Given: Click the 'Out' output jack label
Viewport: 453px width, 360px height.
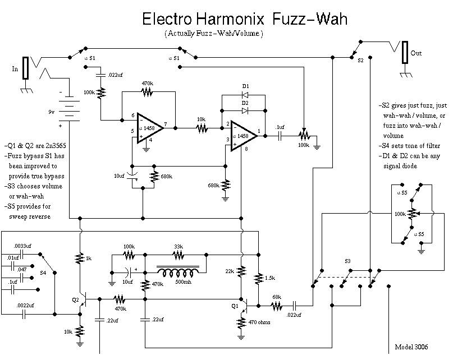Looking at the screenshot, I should coord(416,53).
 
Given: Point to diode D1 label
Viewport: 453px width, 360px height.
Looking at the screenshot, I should coord(245,86).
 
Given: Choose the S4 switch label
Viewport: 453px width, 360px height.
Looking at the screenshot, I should coord(43,273).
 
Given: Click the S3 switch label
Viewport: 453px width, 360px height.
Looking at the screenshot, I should coord(347,261).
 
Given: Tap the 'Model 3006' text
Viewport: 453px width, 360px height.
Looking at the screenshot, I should coord(411,346).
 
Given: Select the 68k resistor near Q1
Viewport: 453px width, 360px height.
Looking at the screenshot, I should coord(277,306).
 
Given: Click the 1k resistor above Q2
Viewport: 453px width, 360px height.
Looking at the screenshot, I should coord(80,258).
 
